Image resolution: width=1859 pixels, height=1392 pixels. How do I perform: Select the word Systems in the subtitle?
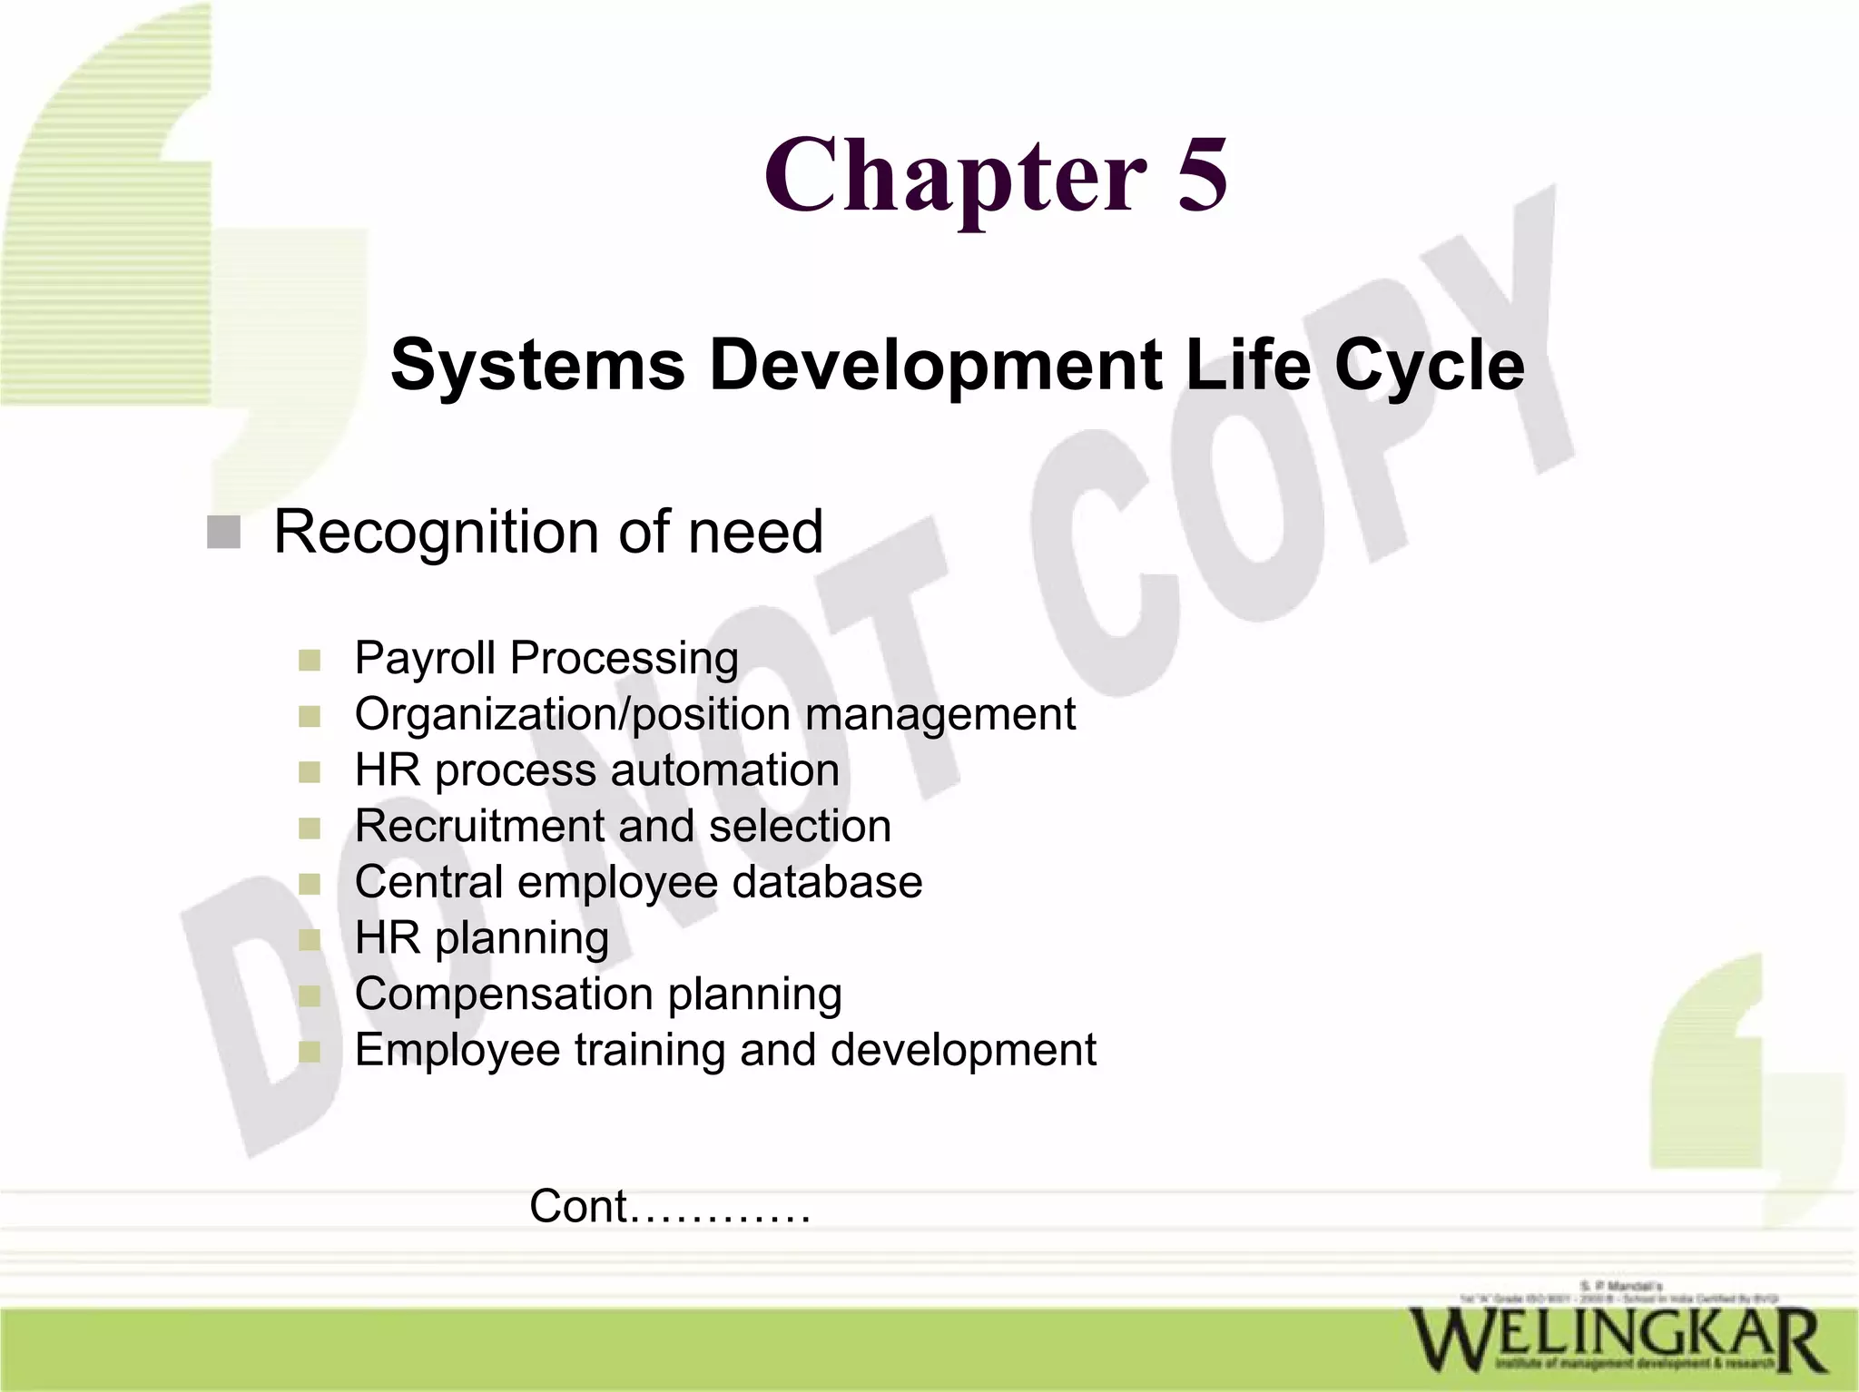537,365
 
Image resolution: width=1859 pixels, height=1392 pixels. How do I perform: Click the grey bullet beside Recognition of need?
223,533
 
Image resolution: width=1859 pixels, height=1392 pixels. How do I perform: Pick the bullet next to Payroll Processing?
310,660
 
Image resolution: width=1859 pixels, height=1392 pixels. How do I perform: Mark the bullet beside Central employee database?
310,884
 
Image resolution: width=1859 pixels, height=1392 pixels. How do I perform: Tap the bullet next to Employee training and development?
310,1052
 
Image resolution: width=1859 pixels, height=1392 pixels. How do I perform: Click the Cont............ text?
670,1207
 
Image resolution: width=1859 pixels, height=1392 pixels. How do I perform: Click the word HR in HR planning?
388,938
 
